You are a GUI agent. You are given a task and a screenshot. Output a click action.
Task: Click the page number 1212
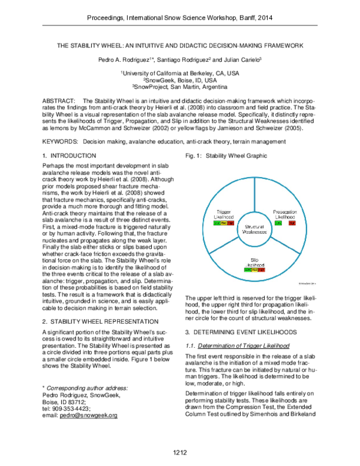pos(180,452)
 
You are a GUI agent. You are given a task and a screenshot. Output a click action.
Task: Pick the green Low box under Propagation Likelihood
pos(278,223)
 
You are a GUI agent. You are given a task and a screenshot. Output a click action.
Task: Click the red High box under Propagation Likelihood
pos(292,223)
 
